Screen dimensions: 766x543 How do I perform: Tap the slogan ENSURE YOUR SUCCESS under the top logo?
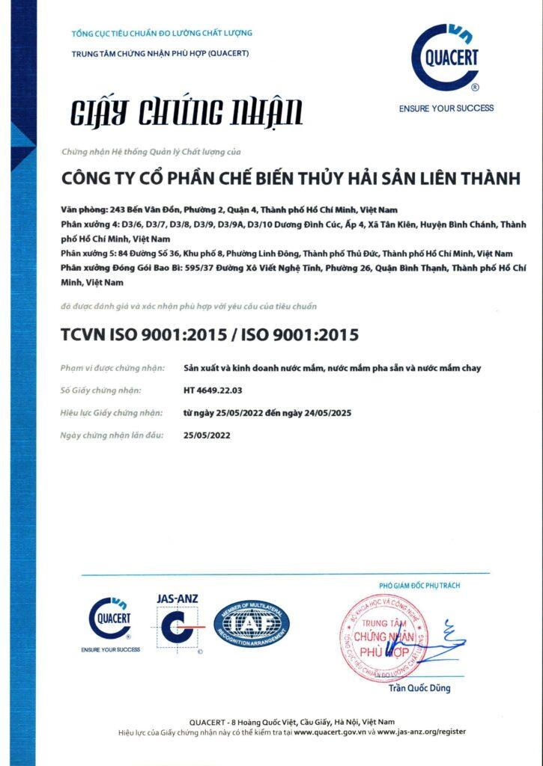446,108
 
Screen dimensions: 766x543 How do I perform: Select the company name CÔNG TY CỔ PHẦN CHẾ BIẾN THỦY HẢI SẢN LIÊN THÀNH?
290,179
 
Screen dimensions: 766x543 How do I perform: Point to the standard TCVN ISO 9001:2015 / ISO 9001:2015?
210,334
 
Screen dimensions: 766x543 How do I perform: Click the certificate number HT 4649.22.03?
213,390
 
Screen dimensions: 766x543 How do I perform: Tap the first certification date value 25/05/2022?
207,435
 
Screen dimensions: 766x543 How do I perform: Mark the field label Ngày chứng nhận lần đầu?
112,435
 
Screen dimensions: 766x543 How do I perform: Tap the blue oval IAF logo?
252,622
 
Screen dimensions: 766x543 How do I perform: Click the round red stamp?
383,637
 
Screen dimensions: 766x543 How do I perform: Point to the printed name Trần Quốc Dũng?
419,688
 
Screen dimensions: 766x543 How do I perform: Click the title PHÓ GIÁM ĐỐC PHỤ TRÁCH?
419,584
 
